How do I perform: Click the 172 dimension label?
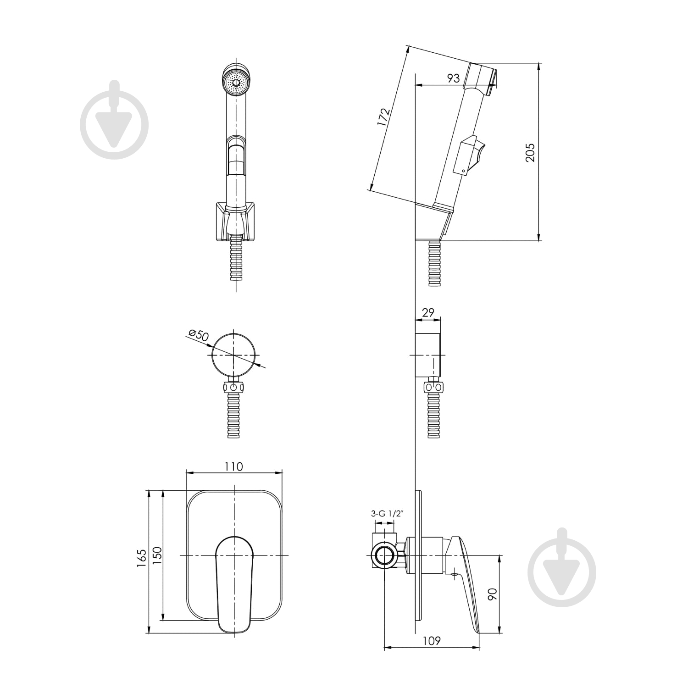coord(383,117)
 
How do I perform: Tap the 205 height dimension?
coord(530,152)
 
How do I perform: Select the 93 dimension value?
coord(453,78)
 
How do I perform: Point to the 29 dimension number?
coord(428,313)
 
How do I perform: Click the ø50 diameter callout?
coord(198,335)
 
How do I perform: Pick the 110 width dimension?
coord(234,466)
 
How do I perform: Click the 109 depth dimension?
coord(431,640)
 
